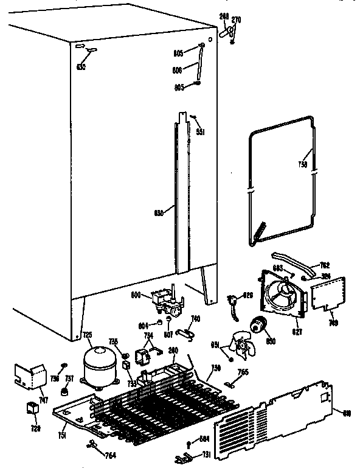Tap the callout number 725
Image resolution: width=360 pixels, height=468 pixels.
(87, 334)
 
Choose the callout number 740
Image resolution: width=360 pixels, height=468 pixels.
(195, 318)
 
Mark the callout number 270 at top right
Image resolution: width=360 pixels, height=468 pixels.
(237, 20)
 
